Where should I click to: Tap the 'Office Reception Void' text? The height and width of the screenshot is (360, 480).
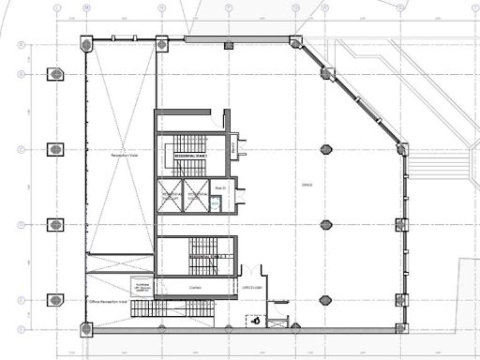(107, 303)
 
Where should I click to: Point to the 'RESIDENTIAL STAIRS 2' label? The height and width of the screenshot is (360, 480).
(207, 255)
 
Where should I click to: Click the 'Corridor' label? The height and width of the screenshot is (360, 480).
(195, 288)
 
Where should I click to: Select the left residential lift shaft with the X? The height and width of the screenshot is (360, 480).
(171, 197)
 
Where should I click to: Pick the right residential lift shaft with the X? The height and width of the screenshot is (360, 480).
(195, 197)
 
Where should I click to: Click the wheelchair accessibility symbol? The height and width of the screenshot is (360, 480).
(257, 321)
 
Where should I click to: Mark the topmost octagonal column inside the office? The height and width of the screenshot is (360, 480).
(326, 149)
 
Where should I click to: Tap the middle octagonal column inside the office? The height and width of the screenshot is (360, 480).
(326, 224)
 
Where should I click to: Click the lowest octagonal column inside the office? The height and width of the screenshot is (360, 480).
(326, 300)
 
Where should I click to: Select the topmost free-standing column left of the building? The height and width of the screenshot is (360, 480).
(55, 74)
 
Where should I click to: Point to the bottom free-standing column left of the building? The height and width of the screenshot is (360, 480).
(55, 300)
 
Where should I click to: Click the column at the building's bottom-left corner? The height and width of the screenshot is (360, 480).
(87, 328)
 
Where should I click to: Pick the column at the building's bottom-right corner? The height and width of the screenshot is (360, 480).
(402, 327)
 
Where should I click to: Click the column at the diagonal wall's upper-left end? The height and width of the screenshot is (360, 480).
(296, 42)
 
